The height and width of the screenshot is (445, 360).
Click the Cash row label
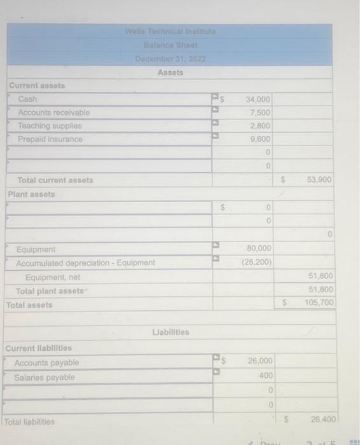click(x=28, y=99)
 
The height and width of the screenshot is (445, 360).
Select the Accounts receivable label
click(x=54, y=113)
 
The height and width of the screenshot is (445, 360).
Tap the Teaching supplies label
click(x=50, y=126)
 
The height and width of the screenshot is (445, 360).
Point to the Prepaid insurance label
click(x=50, y=139)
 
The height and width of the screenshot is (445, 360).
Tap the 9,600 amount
click(x=261, y=139)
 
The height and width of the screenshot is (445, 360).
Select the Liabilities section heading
click(x=170, y=332)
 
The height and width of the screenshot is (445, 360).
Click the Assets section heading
click(x=170, y=72)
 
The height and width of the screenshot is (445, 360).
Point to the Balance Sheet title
click(x=170, y=45)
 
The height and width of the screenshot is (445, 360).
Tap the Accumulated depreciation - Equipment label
click(x=85, y=263)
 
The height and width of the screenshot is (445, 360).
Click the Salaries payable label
click(x=45, y=378)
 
